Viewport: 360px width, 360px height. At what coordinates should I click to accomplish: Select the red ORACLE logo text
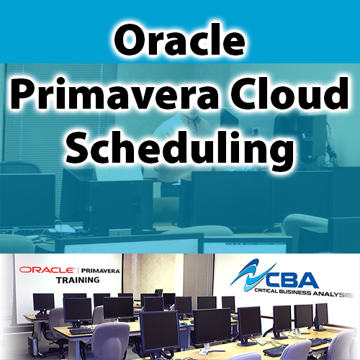pyautogui.click(x=47, y=269)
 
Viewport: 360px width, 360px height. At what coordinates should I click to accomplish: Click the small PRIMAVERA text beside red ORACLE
pyautogui.click(x=99, y=269)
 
